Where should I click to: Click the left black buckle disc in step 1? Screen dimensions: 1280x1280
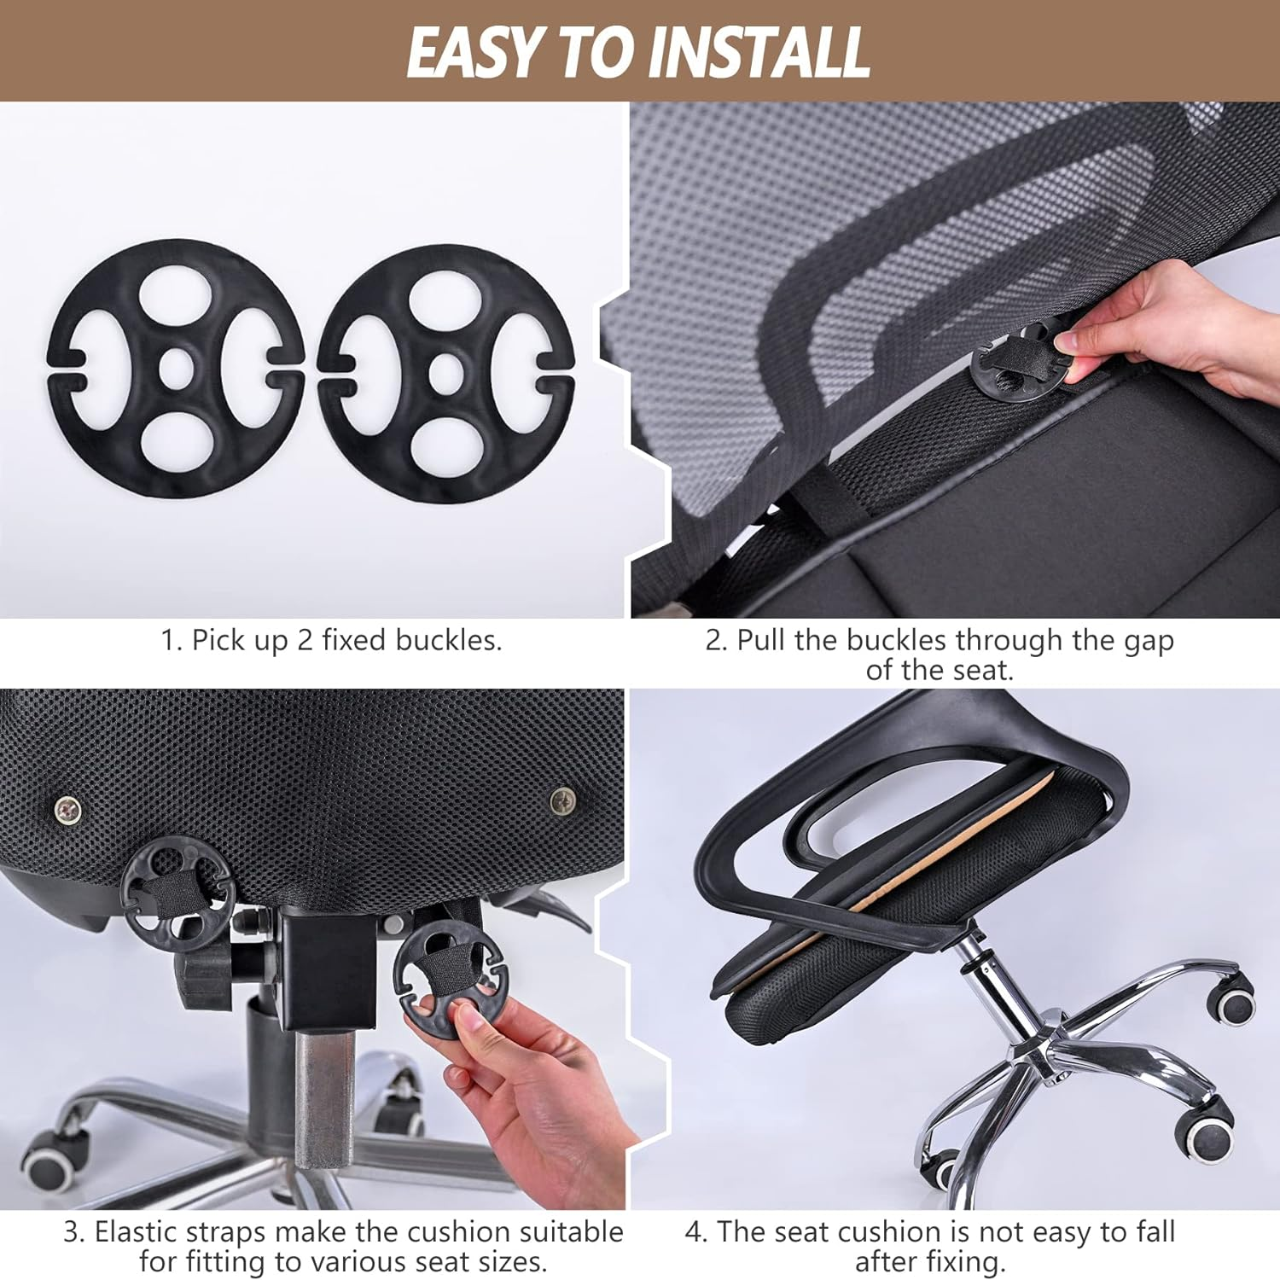point(175,367)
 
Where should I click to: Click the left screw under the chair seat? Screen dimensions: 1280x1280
point(67,807)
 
